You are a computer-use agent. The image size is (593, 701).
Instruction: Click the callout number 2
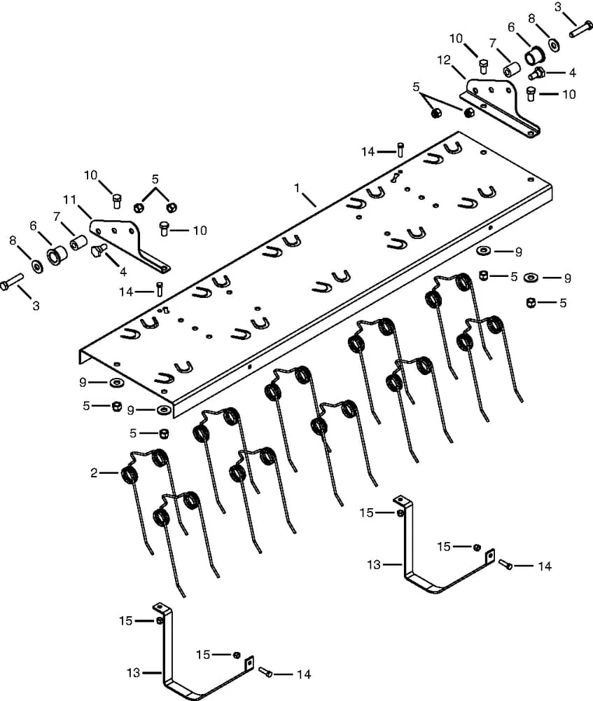click(94, 473)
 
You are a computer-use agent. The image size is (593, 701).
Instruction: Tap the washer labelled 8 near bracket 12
click(554, 44)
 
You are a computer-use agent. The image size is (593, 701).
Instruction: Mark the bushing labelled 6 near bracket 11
click(55, 254)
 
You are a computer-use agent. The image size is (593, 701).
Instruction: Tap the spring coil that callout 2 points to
click(130, 475)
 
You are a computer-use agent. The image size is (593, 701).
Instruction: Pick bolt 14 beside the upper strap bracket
click(506, 564)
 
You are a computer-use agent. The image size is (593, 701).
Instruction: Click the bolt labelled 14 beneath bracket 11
click(160, 287)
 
